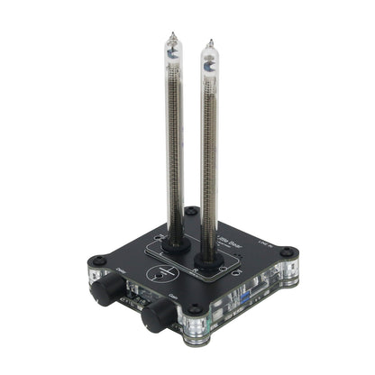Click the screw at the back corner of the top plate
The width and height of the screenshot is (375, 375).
(x=190, y=213)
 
